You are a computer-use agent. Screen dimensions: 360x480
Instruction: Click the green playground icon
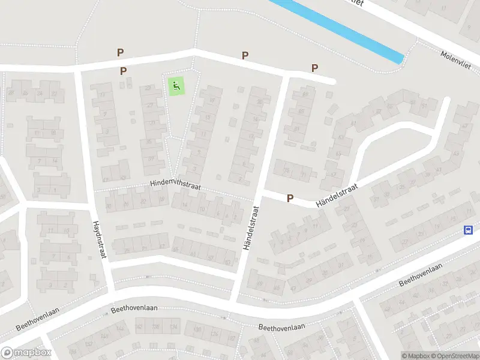tap(176, 86)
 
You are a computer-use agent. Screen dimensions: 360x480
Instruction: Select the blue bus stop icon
tap(468, 230)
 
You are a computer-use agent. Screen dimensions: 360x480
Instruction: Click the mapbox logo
tap(26, 353)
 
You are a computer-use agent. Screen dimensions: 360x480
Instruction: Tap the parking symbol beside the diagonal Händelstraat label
tap(290, 197)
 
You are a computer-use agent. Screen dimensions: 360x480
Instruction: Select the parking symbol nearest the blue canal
tap(314, 68)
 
